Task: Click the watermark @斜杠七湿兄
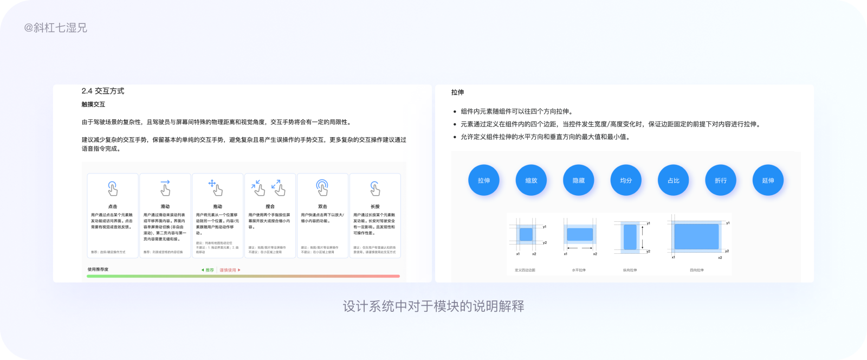(55, 28)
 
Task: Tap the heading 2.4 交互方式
(103, 91)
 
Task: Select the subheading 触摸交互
(93, 104)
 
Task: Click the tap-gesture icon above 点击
(113, 188)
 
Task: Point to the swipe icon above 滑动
(165, 188)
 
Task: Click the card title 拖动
(217, 207)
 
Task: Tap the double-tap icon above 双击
(322, 188)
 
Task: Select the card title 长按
(375, 207)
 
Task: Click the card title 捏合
(270, 207)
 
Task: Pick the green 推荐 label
(208, 270)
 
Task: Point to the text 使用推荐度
(98, 269)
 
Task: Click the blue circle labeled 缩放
(531, 181)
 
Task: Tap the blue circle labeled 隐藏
(579, 181)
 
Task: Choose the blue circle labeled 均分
(626, 181)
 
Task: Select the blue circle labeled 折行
(721, 181)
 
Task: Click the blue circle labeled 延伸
(768, 181)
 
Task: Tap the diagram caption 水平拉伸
(579, 270)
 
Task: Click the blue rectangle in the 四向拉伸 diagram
(696, 236)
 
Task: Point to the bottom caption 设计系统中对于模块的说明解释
(433, 306)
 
